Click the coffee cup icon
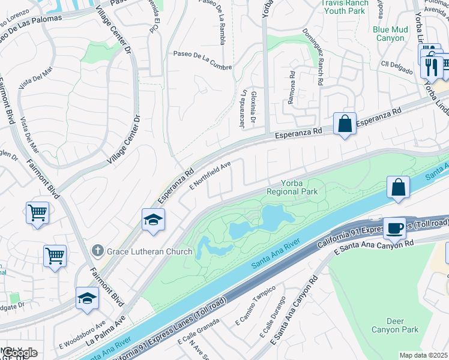click(394, 228)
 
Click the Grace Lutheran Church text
click(146, 249)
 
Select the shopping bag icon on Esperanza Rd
click(345, 124)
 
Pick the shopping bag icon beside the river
click(399, 187)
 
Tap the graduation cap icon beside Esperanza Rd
click(154, 220)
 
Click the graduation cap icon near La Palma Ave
click(87, 298)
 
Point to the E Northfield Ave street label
click(211, 175)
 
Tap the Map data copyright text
click(423, 355)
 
